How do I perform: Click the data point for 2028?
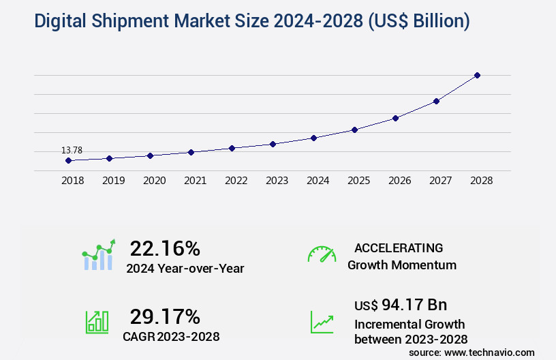pyautogui.click(x=477, y=75)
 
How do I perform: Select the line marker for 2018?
pyautogui.click(x=68, y=160)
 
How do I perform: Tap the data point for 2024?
pyautogui.click(x=313, y=138)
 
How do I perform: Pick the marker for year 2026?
pyautogui.click(x=395, y=118)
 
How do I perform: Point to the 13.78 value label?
pyautogui.click(x=72, y=150)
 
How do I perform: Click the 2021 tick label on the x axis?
pyautogui.click(x=195, y=181)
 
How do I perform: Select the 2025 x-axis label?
pyautogui.click(x=358, y=181)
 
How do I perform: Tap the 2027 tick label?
pyautogui.click(x=440, y=181)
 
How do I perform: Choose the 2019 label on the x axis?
pyautogui.click(x=113, y=181)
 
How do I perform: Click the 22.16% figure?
pyautogui.click(x=165, y=248)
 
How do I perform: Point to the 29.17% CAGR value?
pyautogui.click(x=165, y=316)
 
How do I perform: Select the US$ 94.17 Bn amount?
pyautogui.click(x=401, y=305)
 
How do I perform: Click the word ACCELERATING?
pyautogui.click(x=399, y=247)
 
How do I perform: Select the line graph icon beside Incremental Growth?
pyautogui.click(x=322, y=322)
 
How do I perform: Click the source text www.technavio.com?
pyautogui.click(x=491, y=352)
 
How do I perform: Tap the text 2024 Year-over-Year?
pyautogui.click(x=185, y=269)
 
